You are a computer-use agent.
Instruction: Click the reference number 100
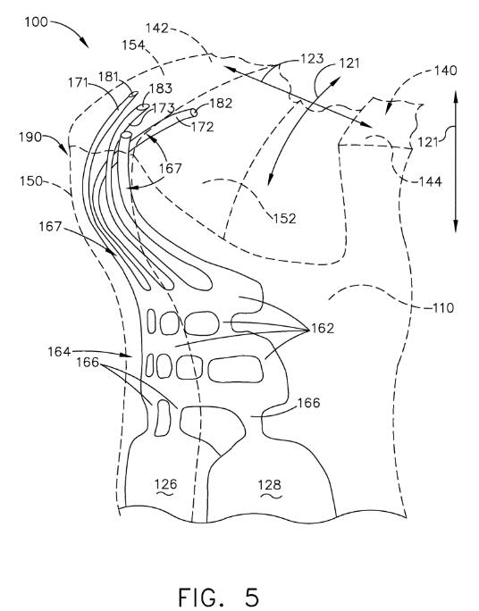37,21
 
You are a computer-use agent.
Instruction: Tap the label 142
157,28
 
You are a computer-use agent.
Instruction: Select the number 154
133,45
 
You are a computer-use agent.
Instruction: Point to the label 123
312,59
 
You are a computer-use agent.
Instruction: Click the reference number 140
445,71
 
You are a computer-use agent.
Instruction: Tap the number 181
108,77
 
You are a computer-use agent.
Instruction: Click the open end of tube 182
193,113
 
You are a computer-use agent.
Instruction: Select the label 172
202,127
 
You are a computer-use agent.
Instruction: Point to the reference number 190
30,137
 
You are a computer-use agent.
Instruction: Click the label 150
30,181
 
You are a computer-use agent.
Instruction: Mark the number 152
284,218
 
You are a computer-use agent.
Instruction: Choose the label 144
430,181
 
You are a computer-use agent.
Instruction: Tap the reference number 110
443,308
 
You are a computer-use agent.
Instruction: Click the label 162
323,328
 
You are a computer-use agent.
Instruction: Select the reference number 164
59,352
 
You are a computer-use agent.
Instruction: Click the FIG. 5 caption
219,597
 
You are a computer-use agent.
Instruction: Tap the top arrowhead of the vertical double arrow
456,96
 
